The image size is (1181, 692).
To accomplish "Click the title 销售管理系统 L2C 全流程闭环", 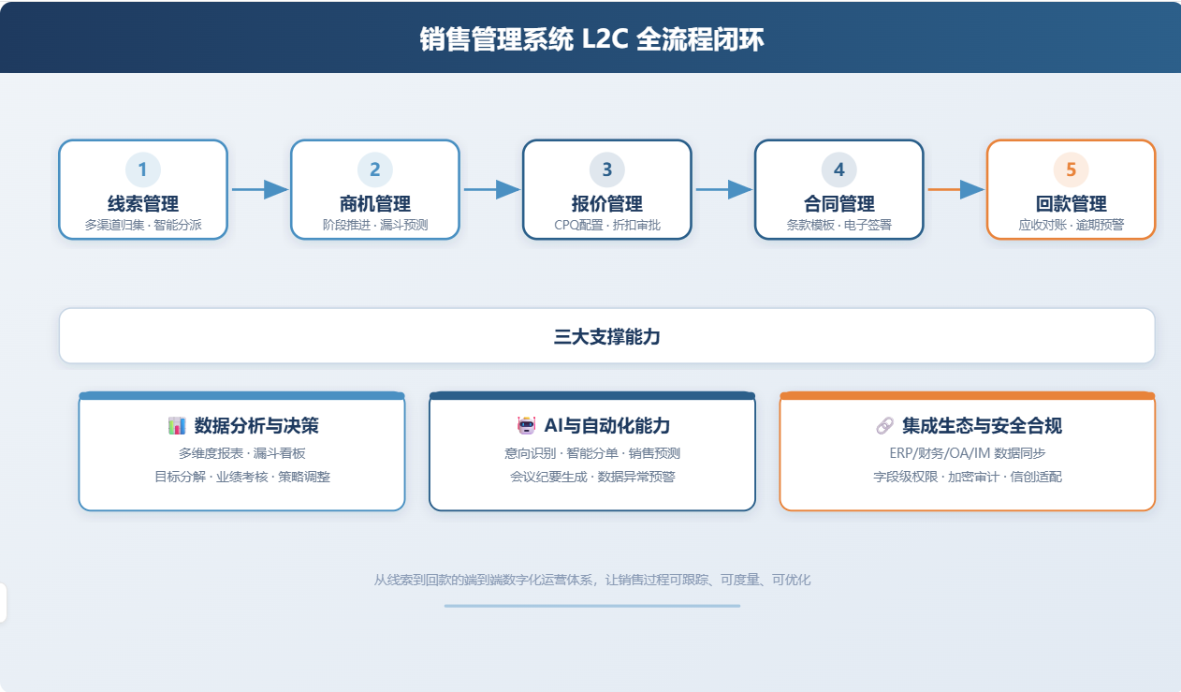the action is [591, 39].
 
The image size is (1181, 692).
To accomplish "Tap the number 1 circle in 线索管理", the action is [143, 169].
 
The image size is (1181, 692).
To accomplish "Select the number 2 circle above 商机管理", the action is [375, 169].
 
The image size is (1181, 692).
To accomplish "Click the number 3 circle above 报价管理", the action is [606, 169].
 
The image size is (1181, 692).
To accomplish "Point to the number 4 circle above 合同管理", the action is [838, 169].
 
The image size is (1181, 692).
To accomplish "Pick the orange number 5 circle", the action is [1071, 169].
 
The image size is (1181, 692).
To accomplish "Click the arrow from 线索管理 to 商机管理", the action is [260, 189].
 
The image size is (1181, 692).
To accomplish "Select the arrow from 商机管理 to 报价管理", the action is [492, 189].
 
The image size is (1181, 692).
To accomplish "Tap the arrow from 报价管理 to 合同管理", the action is [724, 189].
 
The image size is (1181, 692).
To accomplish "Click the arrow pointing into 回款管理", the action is [955, 189].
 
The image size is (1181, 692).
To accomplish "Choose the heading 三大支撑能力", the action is [606, 336].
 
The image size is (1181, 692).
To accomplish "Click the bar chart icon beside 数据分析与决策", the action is [177, 426].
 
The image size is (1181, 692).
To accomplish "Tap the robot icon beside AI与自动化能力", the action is [526, 426].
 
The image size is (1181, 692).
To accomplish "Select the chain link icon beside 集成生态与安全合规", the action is [884, 426].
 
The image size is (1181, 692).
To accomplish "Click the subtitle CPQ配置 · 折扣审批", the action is [606, 226].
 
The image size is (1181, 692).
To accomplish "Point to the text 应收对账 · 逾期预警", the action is [1071, 226].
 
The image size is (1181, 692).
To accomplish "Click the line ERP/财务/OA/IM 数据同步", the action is [968, 453].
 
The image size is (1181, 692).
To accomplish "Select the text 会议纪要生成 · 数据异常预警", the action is [592, 477].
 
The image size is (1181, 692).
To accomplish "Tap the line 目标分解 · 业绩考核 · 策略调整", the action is [242, 477].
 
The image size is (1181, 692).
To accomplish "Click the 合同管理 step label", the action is [838, 203].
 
